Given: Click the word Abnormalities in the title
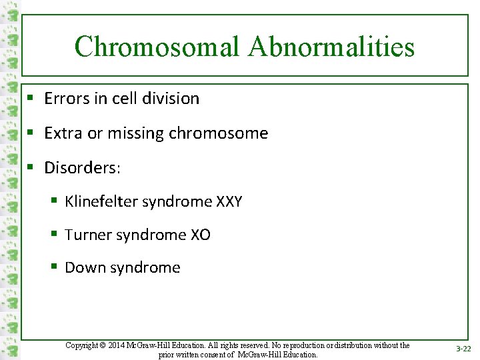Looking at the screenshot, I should point(331,47).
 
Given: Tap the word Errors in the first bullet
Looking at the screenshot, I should point(65,99).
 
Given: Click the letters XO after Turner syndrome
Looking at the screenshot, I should point(200,235).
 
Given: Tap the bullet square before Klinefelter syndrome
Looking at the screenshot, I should point(53,201).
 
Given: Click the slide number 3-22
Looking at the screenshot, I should point(463,349).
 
